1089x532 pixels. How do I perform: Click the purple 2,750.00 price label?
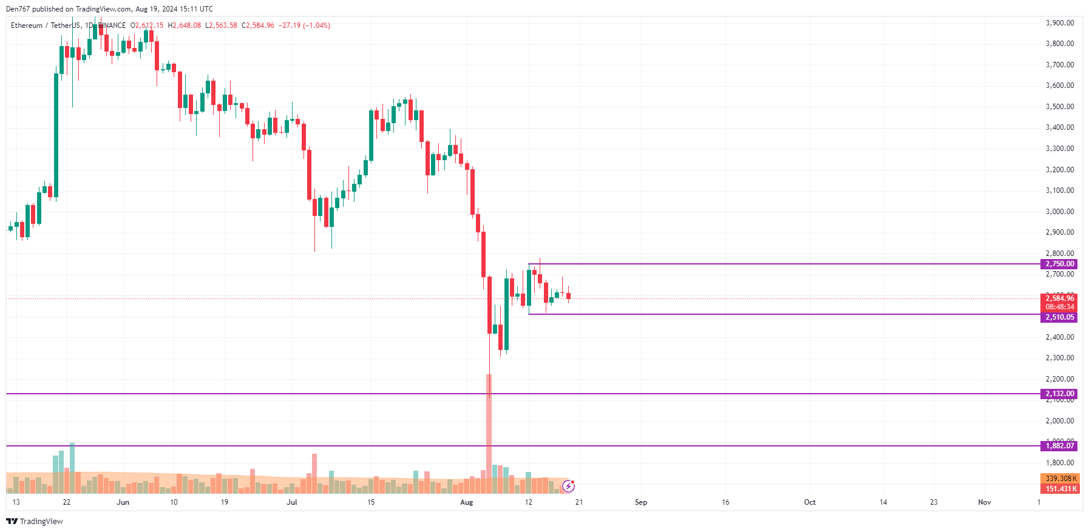[x=1059, y=264]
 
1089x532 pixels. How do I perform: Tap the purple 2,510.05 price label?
[x=1059, y=317]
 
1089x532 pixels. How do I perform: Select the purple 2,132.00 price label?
[x=1059, y=394]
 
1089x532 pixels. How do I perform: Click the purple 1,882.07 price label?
[x=1059, y=446]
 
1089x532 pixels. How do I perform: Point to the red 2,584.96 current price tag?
[x=1059, y=298]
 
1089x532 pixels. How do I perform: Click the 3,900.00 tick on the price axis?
[x=1059, y=23]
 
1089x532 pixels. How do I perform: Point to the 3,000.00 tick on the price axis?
[x=1059, y=212]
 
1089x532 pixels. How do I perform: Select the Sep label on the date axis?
[x=641, y=502]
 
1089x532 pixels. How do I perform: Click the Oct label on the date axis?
[x=810, y=502]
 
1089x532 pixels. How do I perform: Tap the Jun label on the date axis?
[x=123, y=502]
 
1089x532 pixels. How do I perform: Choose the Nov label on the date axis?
[x=985, y=502]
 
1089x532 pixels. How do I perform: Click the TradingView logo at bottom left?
[x=35, y=521]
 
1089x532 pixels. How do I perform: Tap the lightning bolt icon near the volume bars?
[x=568, y=486]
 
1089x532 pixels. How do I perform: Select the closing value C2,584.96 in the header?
[x=258, y=25]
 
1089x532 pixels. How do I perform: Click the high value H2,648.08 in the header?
[x=185, y=25]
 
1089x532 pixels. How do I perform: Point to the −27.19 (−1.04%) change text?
[x=305, y=25]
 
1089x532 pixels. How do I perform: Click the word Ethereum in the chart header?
[x=27, y=25]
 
